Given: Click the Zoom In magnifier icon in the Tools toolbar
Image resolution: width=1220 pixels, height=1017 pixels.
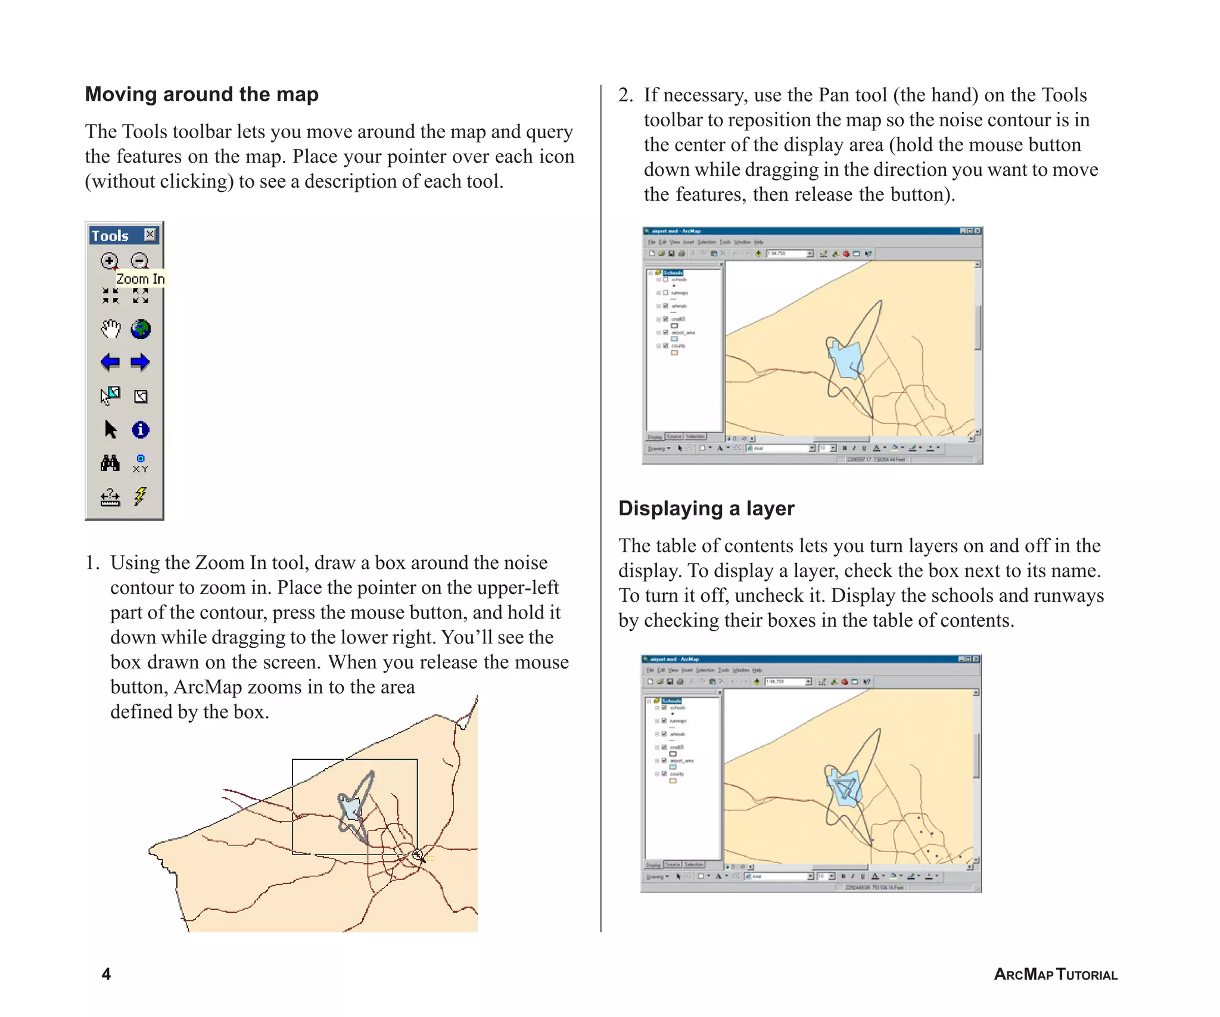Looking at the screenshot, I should (x=109, y=260).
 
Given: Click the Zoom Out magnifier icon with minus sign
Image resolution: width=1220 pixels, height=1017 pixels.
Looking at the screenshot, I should (x=139, y=260).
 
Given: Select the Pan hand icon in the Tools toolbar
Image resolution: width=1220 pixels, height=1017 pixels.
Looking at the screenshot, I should (x=110, y=328).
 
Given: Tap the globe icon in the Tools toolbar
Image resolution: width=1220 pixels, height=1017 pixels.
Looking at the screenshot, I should (x=141, y=329).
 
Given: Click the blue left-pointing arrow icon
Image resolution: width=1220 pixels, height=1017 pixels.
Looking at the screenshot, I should (x=110, y=362).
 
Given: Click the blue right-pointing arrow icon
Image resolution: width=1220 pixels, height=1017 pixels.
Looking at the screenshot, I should (x=140, y=362).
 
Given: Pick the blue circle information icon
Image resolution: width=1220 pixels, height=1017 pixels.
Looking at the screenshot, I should (x=141, y=430).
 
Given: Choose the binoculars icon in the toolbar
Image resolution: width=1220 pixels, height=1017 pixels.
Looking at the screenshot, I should (x=110, y=463).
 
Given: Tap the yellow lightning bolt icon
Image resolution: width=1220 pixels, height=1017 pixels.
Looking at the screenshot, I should (x=140, y=496).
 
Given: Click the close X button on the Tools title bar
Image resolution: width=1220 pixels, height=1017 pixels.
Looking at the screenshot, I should (x=150, y=234).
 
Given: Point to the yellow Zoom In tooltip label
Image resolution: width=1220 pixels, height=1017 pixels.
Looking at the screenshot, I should (x=140, y=279).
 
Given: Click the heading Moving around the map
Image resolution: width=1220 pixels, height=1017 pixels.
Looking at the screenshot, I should (x=202, y=94).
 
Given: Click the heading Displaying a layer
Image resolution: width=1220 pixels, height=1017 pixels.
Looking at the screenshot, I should (x=707, y=508).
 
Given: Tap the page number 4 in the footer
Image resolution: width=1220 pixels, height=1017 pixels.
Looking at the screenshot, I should (x=106, y=974).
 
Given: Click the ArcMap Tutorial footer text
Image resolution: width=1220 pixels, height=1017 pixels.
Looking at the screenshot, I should (x=1056, y=975).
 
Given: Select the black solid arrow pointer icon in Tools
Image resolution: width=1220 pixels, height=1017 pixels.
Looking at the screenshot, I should (x=110, y=430).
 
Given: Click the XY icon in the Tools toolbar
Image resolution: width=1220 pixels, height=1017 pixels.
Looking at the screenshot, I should (x=141, y=464).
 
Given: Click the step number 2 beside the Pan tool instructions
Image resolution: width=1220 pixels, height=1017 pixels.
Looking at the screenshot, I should (x=625, y=95).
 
